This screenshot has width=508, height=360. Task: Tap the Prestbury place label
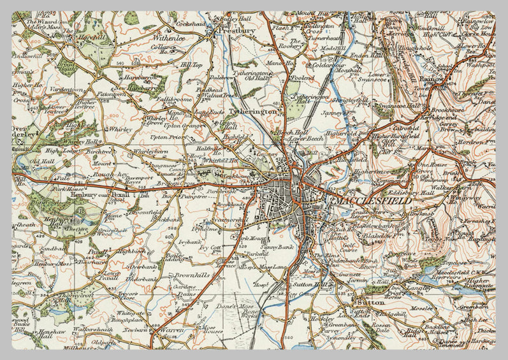[237, 30]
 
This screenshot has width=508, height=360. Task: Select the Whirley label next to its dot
[120, 129]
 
